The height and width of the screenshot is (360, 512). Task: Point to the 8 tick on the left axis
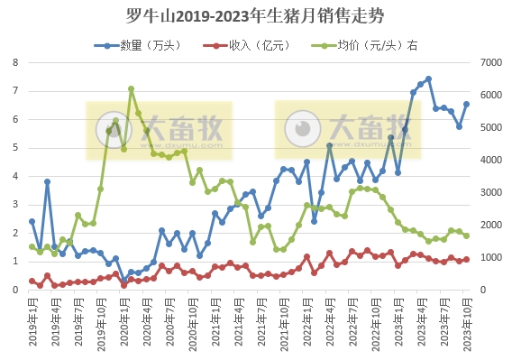15,62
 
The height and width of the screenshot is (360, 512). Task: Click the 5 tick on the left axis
15,148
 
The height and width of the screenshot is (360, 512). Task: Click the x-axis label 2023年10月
466,319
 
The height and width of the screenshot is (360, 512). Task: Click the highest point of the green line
131,88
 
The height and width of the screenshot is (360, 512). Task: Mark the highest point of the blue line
428,78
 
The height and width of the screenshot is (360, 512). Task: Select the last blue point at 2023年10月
467,104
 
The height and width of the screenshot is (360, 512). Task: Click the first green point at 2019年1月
32,246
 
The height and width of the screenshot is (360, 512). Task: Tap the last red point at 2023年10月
467,260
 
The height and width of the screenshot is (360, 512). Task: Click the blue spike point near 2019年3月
47,181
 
